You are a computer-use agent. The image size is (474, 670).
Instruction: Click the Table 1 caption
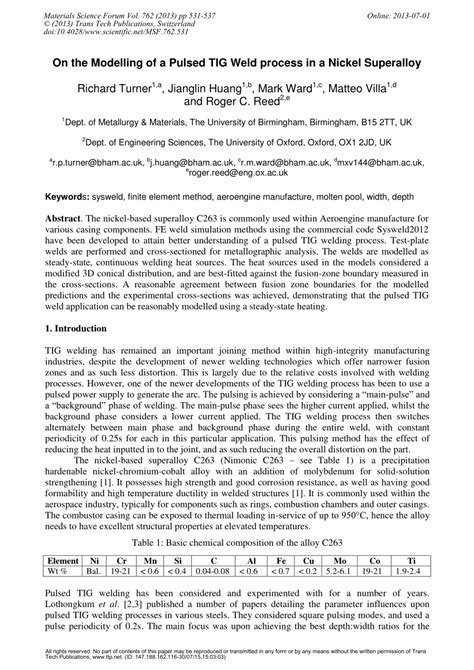pyautogui.click(x=236, y=543)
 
